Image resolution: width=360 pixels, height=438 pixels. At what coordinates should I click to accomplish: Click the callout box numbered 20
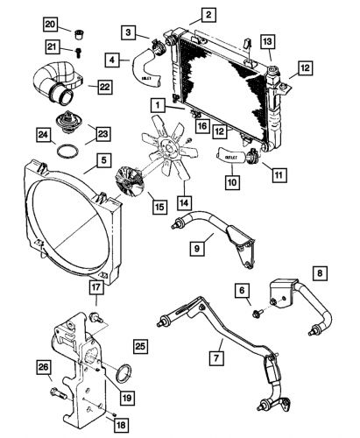[51, 23]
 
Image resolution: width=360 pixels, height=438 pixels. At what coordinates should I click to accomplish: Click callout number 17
[95, 286]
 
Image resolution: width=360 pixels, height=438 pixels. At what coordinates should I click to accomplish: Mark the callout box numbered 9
[199, 248]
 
